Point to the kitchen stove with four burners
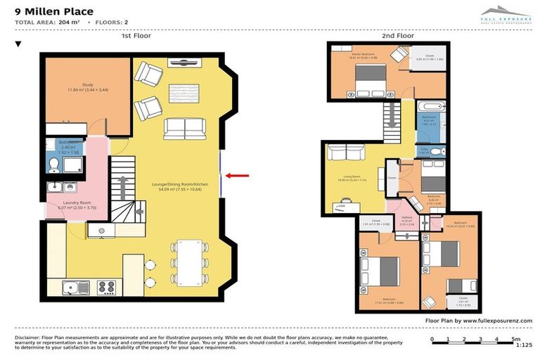pyautogui.click(x=106, y=288)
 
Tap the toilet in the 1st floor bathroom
pyautogui.click(x=55, y=165)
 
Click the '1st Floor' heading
pyautogui.click(x=136, y=34)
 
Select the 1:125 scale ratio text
pyautogui.click(x=522, y=345)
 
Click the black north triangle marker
pyautogui.click(x=19, y=44)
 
